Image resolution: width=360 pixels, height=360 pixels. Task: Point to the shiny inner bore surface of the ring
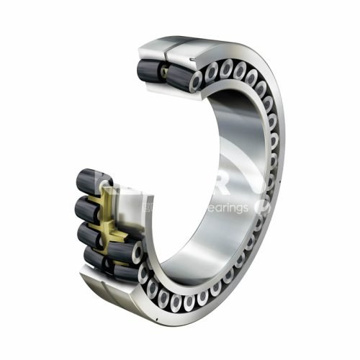coord(209,238)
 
